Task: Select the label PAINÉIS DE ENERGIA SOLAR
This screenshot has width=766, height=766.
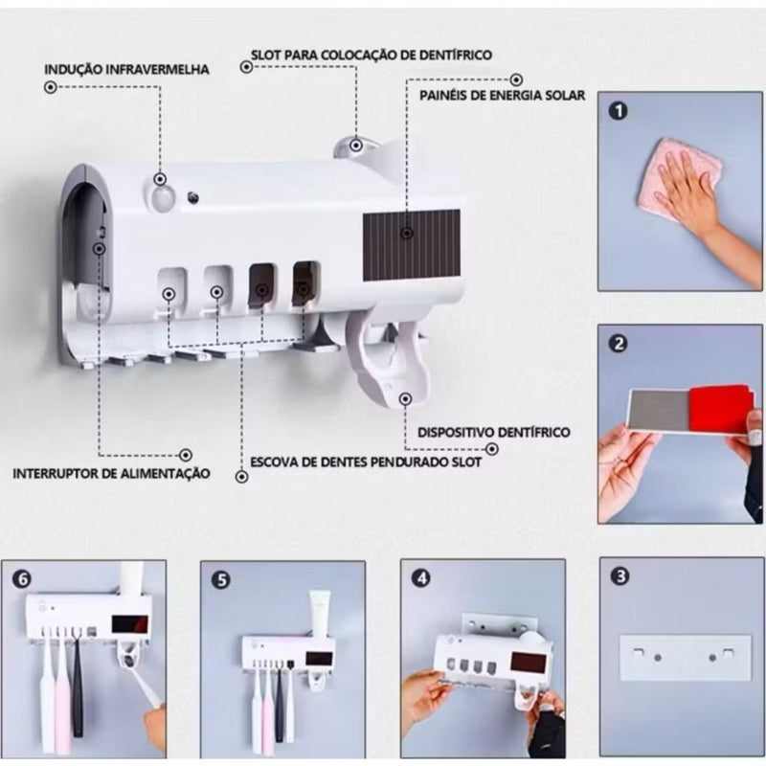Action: [503, 95]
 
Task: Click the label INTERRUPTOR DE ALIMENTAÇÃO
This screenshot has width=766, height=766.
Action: [111, 473]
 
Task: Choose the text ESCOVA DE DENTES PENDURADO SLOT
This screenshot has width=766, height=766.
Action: [365, 460]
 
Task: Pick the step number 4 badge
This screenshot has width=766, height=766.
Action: [420, 577]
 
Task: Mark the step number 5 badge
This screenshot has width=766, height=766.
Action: [221, 578]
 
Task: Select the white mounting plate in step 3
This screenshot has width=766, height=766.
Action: [682, 658]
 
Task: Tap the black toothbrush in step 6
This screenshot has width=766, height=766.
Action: [78, 685]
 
